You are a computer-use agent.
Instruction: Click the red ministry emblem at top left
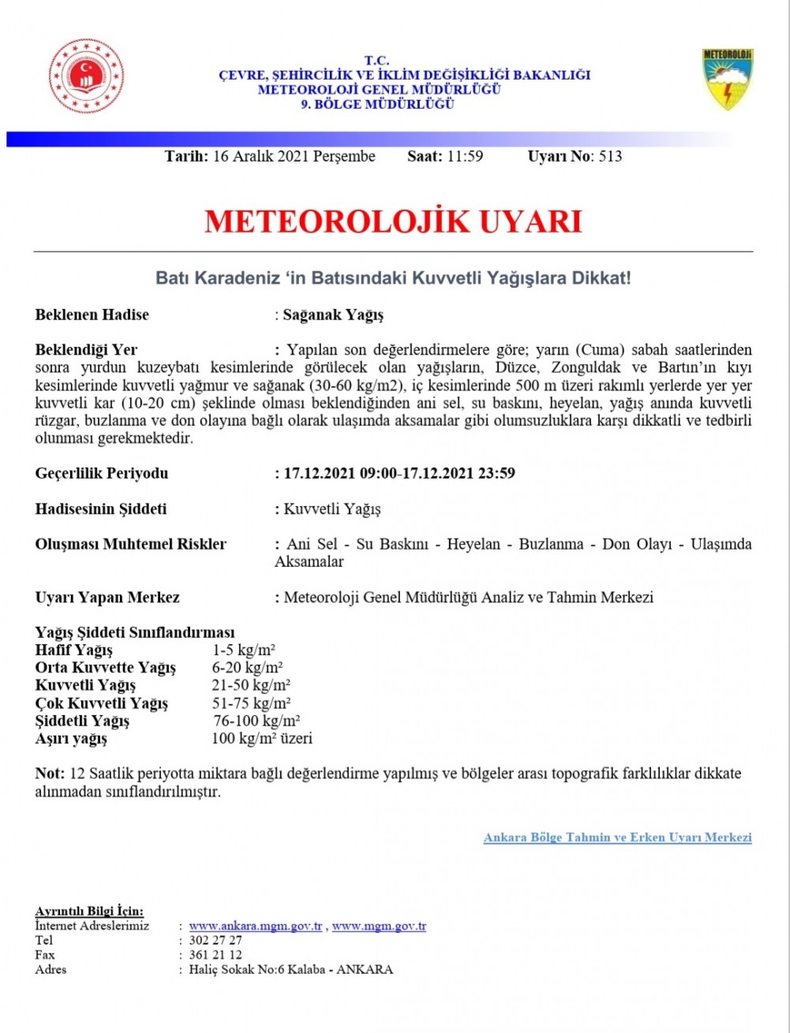point(86,76)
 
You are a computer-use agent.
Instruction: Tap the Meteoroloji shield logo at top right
point(728,80)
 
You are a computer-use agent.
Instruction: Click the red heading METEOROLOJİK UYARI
point(393,222)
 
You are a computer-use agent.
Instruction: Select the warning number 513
point(611,156)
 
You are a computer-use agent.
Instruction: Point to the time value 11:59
point(465,156)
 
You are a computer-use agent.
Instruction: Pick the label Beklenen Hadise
point(92,315)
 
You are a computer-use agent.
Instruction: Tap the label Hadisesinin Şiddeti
point(101,509)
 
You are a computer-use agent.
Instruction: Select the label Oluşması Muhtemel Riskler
point(131,544)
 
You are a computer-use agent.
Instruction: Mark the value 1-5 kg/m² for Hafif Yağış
point(243,650)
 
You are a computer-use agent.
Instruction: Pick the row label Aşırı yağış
point(71,739)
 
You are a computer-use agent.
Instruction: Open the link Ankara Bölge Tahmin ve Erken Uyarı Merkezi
point(617,837)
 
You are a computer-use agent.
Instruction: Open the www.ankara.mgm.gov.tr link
point(256,927)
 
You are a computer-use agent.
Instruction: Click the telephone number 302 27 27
point(215,941)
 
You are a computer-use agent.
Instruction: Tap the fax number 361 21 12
point(215,955)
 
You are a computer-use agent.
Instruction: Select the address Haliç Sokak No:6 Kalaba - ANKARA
point(290,969)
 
